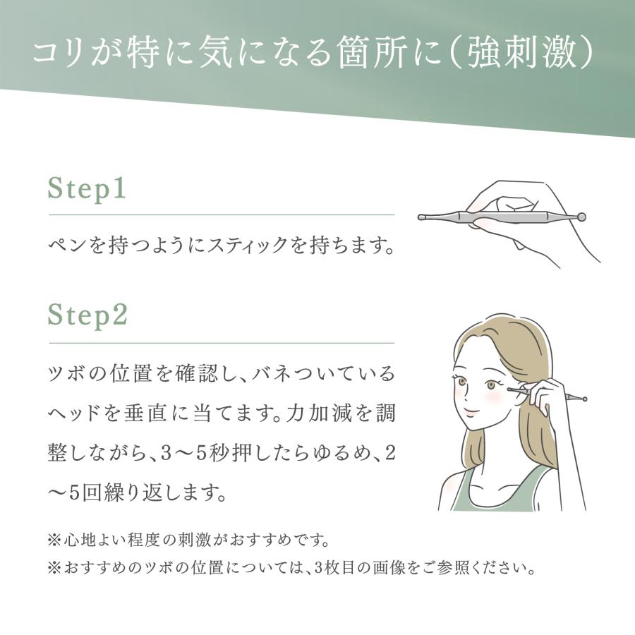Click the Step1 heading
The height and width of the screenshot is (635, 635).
pos(86,190)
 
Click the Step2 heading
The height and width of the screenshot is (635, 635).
pos(87,315)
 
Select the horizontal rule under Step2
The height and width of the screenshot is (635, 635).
pos(221,343)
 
